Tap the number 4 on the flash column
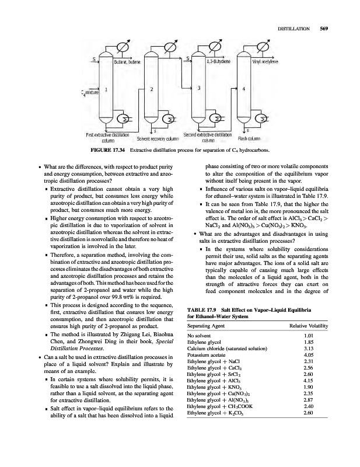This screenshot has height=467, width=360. point(243,89)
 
